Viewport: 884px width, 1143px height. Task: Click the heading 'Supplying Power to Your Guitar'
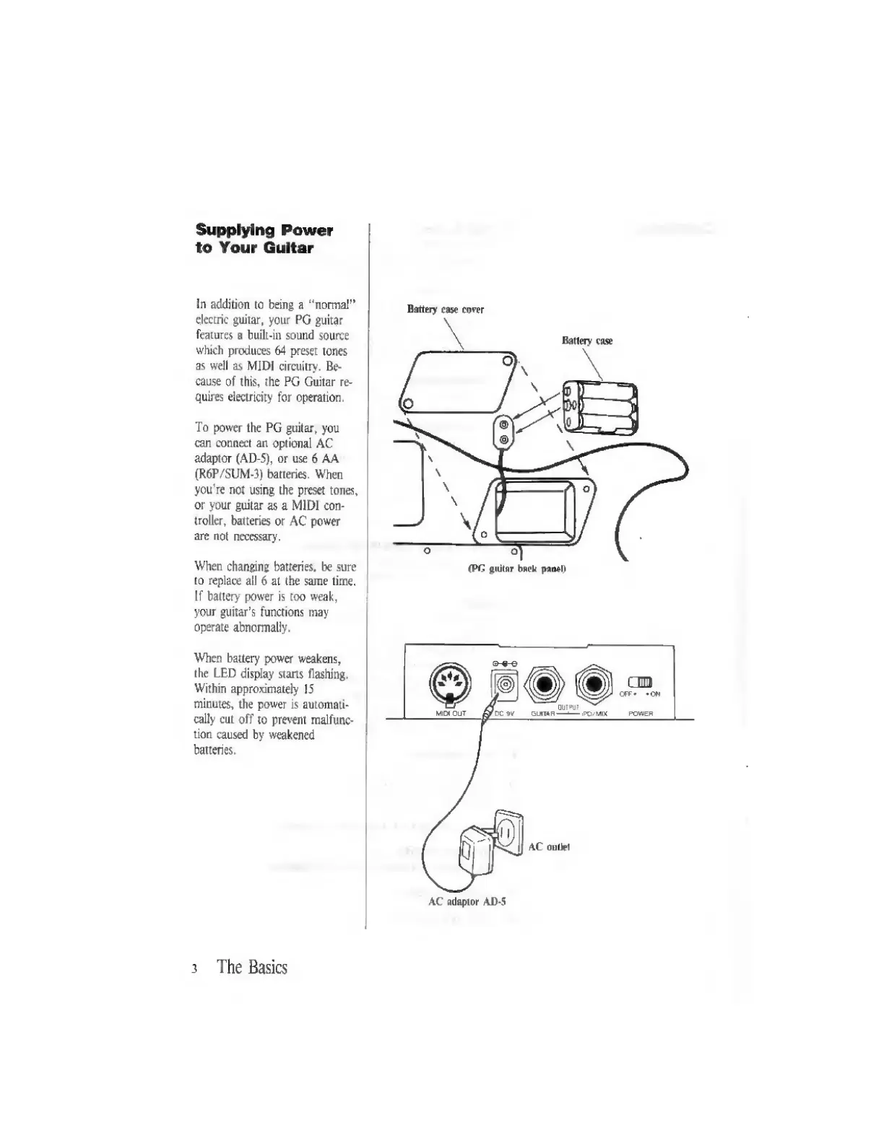pyautogui.click(x=264, y=239)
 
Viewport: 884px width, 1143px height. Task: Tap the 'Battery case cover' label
pyautogui.click(x=445, y=310)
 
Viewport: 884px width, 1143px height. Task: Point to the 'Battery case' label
pyautogui.click(x=586, y=341)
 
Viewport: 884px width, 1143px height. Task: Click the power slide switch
pyautogui.click(x=641, y=682)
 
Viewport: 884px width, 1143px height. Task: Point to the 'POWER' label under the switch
pyautogui.click(x=641, y=714)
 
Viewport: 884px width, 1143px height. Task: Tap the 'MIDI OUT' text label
pyautogui.click(x=450, y=714)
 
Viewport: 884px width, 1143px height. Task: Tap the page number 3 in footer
pyautogui.click(x=194, y=969)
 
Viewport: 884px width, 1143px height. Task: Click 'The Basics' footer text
pyautogui.click(x=252, y=967)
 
